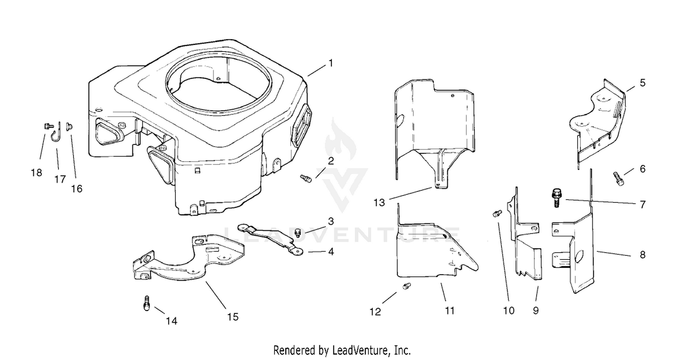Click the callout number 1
(x=331, y=64)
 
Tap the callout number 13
(x=379, y=202)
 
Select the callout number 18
(x=37, y=173)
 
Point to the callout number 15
(x=233, y=317)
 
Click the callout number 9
(x=536, y=311)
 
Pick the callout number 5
(x=643, y=83)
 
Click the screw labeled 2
(x=306, y=178)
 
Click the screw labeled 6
(x=619, y=179)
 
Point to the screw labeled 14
(x=147, y=303)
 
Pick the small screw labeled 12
(x=406, y=286)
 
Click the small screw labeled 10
(x=497, y=213)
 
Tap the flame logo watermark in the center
(x=341, y=139)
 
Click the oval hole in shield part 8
(x=579, y=256)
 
